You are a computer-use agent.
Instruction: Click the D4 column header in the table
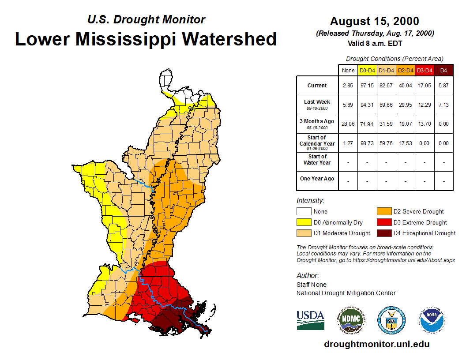[443, 70]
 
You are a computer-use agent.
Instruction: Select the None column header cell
[348, 70]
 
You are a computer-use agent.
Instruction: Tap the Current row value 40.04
[405, 86]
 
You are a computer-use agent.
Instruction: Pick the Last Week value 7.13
[443, 105]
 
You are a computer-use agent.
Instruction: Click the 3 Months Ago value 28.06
[348, 124]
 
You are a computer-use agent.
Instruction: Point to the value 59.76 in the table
[386, 143]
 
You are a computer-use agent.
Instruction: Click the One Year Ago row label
[317, 179]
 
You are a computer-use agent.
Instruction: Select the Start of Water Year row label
[317, 160]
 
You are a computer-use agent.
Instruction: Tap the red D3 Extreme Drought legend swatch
[383, 222]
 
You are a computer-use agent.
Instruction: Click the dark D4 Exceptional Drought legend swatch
[383, 233]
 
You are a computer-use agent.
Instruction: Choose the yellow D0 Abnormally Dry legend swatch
[304, 222]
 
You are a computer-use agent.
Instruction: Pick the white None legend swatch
[304, 211]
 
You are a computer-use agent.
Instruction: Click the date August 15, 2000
[374, 21]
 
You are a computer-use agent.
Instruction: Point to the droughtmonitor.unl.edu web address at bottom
[376, 344]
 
